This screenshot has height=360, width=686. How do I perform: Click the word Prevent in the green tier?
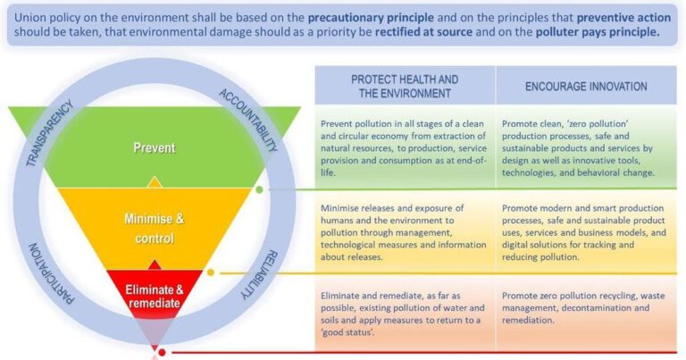click(x=155, y=148)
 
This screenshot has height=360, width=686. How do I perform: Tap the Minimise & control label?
click(x=155, y=229)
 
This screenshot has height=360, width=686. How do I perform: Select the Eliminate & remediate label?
click(x=155, y=297)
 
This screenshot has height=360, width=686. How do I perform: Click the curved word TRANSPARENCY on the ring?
click(x=49, y=133)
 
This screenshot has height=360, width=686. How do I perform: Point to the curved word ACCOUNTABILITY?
click(x=248, y=121)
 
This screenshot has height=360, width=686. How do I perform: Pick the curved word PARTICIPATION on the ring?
click(x=51, y=274)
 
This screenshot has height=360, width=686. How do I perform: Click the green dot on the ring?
click(x=259, y=190)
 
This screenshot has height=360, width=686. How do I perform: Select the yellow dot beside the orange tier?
click(x=211, y=272)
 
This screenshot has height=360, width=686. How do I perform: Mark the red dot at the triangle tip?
click(x=162, y=352)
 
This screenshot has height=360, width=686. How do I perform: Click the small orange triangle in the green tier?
click(x=154, y=182)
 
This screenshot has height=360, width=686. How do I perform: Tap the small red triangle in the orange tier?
click(x=154, y=264)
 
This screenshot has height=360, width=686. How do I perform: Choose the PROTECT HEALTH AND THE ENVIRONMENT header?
click(x=405, y=86)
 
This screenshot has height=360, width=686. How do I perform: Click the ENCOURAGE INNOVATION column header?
click(x=586, y=86)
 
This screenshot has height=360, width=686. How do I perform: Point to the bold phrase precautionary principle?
click(x=371, y=18)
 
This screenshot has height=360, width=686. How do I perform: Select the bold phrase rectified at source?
click(x=424, y=32)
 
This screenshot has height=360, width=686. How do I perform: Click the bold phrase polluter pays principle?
click(x=598, y=32)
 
